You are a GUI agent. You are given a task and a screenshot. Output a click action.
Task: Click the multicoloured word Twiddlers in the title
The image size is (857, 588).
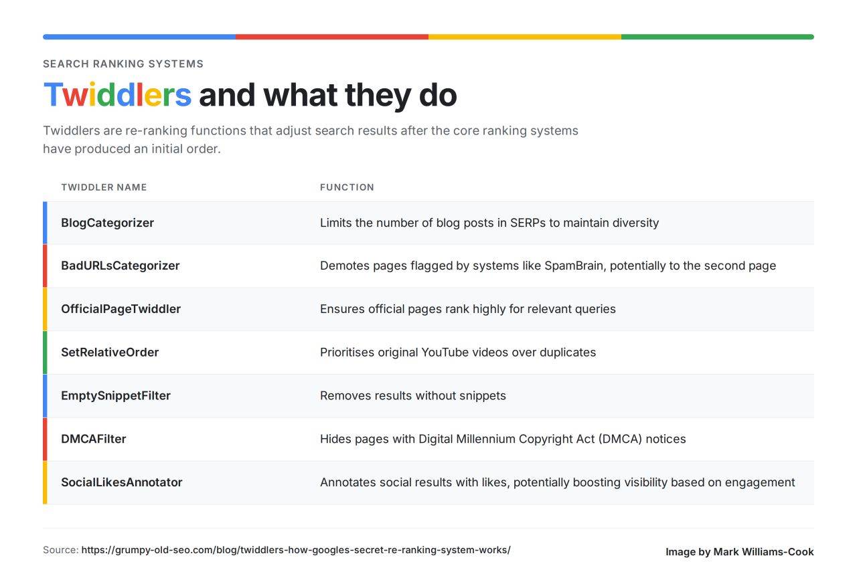click(x=117, y=94)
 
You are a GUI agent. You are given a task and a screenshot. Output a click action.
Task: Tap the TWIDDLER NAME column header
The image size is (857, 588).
click(x=104, y=187)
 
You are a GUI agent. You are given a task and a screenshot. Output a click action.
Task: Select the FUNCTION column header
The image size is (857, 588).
click(x=347, y=187)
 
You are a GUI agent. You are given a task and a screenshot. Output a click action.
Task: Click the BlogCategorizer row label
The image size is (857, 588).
click(x=108, y=223)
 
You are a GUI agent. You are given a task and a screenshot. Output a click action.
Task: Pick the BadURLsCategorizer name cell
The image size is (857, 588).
click(x=120, y=266)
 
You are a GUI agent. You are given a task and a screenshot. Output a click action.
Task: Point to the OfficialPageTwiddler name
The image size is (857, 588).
click(x=121, y=309)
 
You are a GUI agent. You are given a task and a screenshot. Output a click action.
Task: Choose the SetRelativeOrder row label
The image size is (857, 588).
click(x=110, y=352)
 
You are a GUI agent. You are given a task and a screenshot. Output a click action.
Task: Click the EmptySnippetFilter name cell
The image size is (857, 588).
click(x=116, y=396)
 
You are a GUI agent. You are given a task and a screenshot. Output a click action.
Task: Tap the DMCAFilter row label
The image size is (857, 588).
click(x=94, y=439)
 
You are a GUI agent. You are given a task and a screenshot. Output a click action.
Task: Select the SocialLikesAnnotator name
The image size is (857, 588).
click(x=122, y=482)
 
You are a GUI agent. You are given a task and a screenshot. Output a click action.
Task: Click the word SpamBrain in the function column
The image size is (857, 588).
click(x=575, y=266)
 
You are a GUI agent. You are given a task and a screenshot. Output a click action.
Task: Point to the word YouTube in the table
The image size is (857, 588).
click(x=445, y=352)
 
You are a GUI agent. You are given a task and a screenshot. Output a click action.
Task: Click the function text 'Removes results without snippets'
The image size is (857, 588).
click(x=413, y=396)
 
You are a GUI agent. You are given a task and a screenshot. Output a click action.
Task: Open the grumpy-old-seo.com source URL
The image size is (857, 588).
click(x=296, y=550)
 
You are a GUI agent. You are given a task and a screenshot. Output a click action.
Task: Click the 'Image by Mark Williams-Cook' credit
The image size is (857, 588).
click(x=740, y=552)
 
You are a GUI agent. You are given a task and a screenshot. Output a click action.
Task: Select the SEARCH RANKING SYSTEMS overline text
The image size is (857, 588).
click(x=123, y=64)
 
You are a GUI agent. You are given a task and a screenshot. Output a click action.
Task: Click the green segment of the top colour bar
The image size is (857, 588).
click(x=717, y=37)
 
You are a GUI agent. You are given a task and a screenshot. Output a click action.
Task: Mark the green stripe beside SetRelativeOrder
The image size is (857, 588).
click(x=45, y=353)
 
